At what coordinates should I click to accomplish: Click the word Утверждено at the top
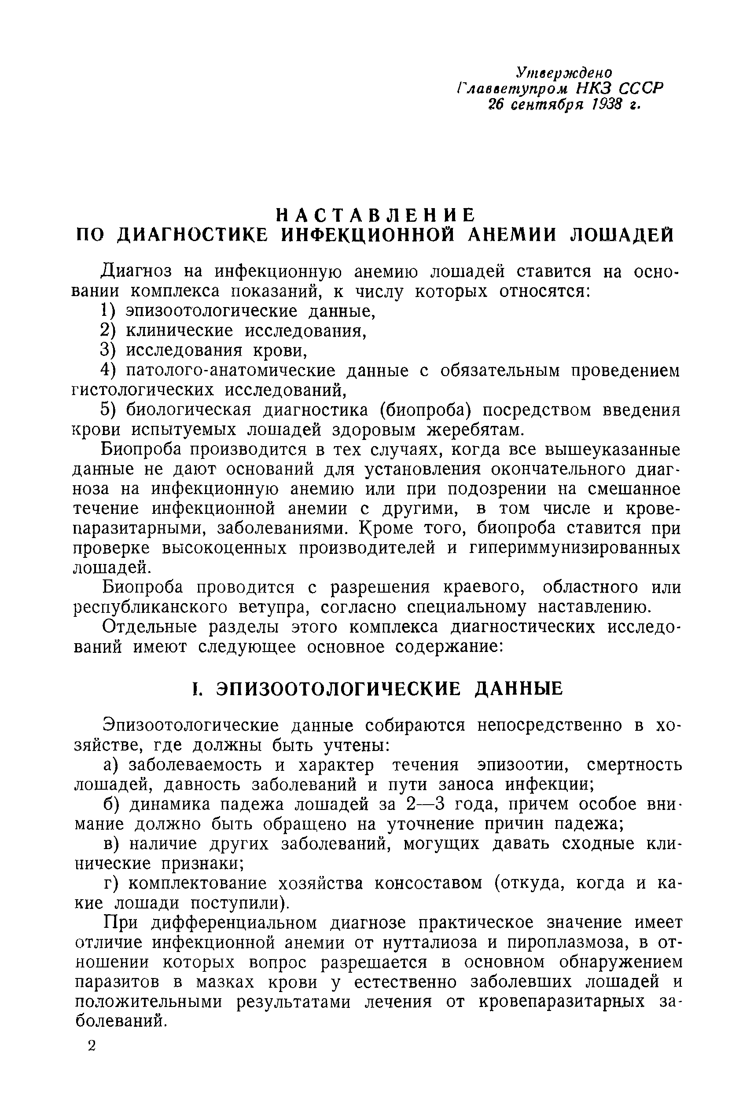click(x=563, y=73)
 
